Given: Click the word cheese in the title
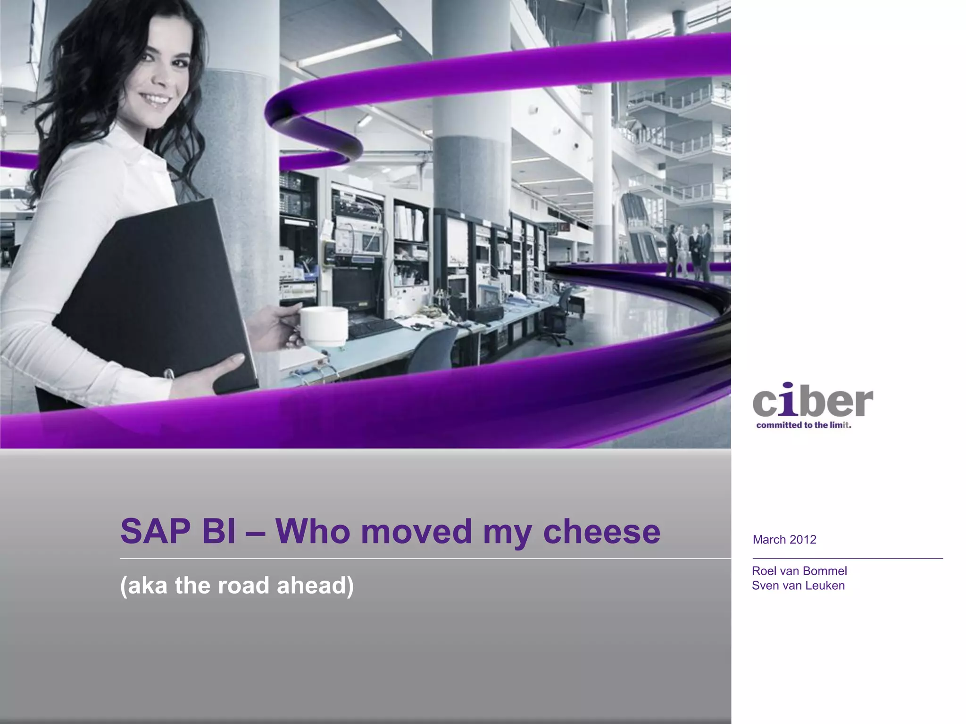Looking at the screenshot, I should pos(601,531).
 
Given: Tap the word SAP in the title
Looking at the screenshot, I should pos(154,531).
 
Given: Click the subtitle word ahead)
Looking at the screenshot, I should pos(315,586).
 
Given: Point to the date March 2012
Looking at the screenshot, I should pos(784,540).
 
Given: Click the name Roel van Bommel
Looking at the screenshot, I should pos(799,571).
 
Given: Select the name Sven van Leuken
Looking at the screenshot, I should pos(798,585).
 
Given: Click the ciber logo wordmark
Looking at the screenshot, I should pos(813,401).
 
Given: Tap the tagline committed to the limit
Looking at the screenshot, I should pos(803,425).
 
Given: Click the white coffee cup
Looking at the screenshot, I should pos(324,326).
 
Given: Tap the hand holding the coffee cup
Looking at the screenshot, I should pos(278,325).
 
